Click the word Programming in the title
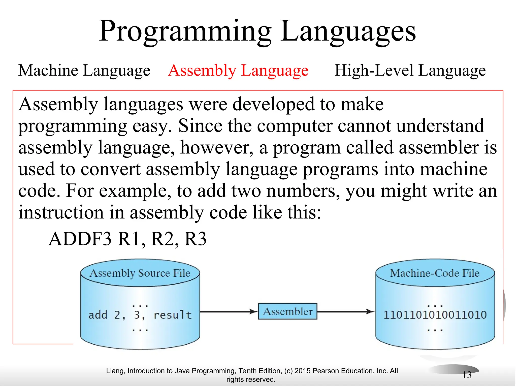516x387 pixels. (185, 31)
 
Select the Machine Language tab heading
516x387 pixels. (84, 70)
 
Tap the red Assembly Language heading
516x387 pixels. (238, 70)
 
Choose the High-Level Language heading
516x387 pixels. (410, 70)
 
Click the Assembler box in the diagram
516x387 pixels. (287, 311)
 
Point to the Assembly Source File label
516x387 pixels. (140, 273)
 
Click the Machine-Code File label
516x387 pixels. (435, 273)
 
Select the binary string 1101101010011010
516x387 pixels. (435, 315)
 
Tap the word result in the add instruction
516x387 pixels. (173, 315)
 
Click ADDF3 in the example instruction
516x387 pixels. (80, 239)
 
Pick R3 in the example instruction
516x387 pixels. (195, 239)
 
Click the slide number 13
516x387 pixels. (467, 375)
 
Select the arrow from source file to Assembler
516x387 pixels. (228, 312)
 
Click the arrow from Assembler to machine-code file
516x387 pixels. (346, 312)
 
